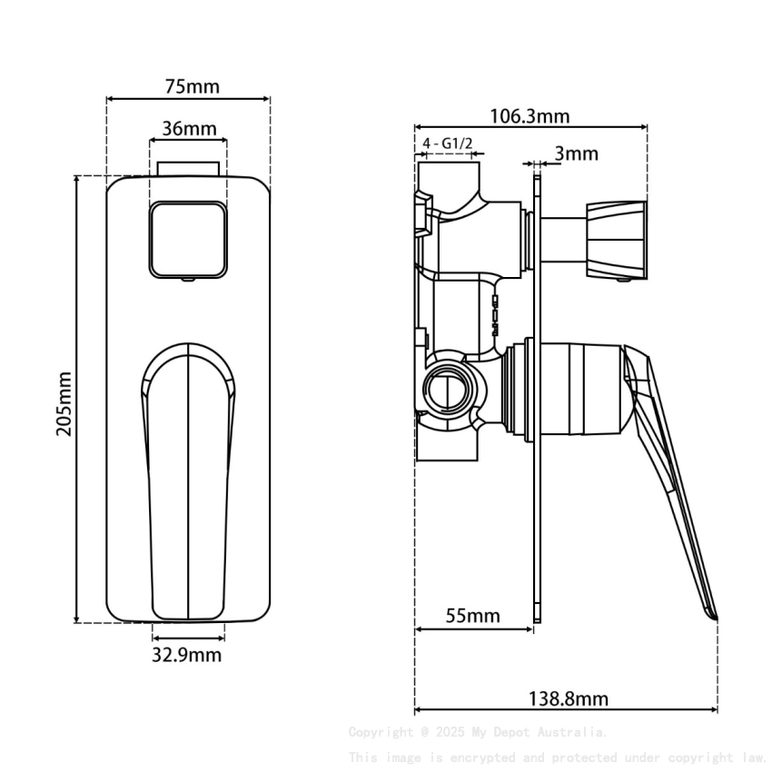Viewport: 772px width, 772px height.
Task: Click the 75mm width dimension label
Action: pos(192,87)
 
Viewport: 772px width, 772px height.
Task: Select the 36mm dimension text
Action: pos(190,129)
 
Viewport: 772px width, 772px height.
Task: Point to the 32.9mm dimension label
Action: pos(186,654)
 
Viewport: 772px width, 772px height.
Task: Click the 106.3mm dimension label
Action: pos(530,116)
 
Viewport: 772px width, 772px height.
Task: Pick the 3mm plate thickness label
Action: pos(577,153)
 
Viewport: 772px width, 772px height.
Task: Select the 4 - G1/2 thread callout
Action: pos(448,144)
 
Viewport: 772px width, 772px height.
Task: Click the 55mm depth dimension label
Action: pos(472,616)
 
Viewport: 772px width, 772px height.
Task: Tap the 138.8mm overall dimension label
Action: pos(568,698)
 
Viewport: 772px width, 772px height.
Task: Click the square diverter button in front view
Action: pos(188,238)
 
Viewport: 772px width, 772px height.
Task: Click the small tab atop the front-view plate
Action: pos(188,169)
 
